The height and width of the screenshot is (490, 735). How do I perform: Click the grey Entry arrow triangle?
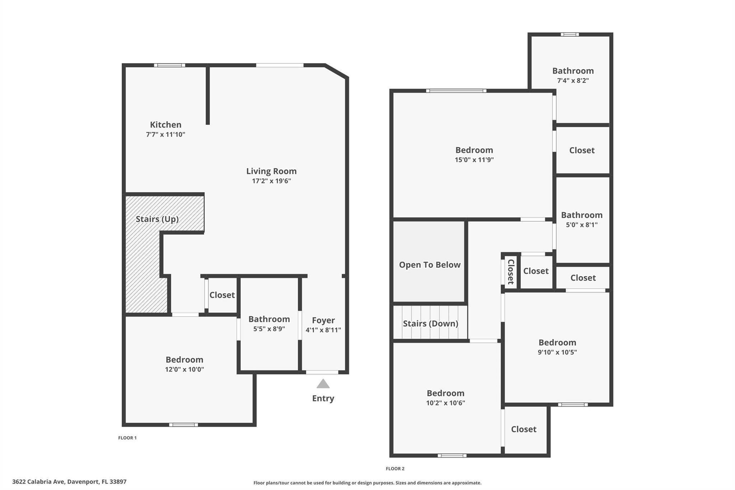323,384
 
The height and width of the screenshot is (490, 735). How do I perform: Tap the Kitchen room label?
165,125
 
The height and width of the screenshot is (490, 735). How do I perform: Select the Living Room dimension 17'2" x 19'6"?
271,181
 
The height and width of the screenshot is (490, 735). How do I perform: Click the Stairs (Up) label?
157,219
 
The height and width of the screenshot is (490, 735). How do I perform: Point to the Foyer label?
323,320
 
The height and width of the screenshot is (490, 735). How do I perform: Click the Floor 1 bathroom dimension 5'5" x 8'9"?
269,329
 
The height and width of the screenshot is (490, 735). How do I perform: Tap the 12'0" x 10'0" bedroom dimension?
184,369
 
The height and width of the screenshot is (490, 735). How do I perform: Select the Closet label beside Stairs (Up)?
222,295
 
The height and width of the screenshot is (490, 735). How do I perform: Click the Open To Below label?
430,265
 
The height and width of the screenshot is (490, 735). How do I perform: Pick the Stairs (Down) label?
430,324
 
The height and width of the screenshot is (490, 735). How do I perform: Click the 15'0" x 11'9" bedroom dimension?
474,160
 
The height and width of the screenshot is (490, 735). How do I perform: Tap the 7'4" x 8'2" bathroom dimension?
573,80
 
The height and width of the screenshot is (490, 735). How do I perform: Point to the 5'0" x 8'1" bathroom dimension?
582,225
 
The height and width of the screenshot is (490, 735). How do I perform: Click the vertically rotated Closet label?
511,271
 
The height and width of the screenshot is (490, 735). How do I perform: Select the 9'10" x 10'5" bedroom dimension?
557,352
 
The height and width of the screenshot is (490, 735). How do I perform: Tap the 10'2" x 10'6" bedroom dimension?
445,403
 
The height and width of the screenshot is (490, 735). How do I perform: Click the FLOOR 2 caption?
395,468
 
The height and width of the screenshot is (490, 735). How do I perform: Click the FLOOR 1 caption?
127,438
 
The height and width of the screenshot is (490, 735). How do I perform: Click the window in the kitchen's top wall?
170,65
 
